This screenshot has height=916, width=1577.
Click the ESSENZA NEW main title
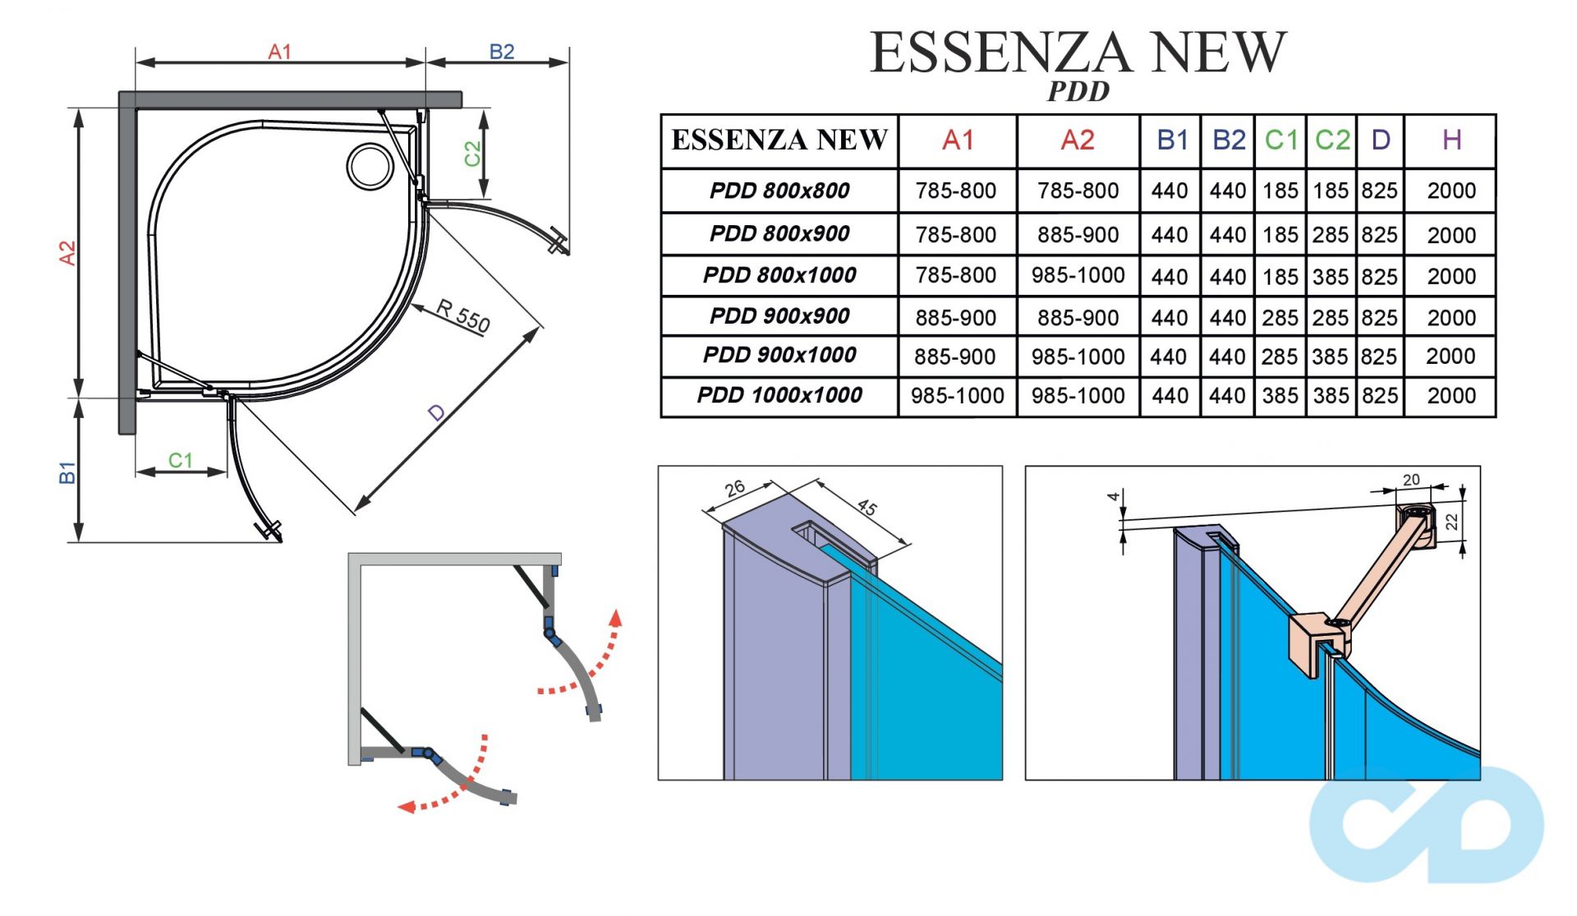tap(1078, 53)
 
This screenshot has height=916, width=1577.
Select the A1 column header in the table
tap(958, 140)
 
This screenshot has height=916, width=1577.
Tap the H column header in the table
tap(1451, 140)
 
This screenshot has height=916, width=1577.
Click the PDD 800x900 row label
tap(779, 234)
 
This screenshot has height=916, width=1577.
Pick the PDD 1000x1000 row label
tap(779, 396)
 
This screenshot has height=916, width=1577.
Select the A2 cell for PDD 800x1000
tap(1078, 275)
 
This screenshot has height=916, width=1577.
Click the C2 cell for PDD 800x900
tap(1331, 235)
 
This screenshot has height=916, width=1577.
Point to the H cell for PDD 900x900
tap(1451, 318)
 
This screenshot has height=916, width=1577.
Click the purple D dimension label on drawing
tap(436, 412)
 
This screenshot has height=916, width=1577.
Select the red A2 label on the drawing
tap(67, 253)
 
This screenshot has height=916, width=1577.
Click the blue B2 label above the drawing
tap(501, 52)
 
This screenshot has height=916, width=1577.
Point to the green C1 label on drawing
tap(180, 460)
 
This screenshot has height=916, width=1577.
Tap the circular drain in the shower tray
tap(370, 165)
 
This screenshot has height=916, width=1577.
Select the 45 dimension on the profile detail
tap(867, 507)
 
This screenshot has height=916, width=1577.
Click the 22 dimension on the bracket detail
tap(1451, 522)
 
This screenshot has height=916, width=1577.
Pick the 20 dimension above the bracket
tap(1411, 480)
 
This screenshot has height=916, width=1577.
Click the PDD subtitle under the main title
tap(1078, 91)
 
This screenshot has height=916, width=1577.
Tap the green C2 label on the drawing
tap(471, 154)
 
